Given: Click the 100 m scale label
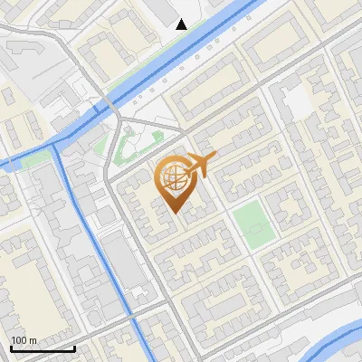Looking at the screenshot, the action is point(24,340).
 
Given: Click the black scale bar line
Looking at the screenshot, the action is point(43,348).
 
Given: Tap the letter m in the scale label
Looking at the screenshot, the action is point(33,340).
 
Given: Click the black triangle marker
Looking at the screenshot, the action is point(182,24).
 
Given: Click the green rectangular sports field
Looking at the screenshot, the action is point(252,224).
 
